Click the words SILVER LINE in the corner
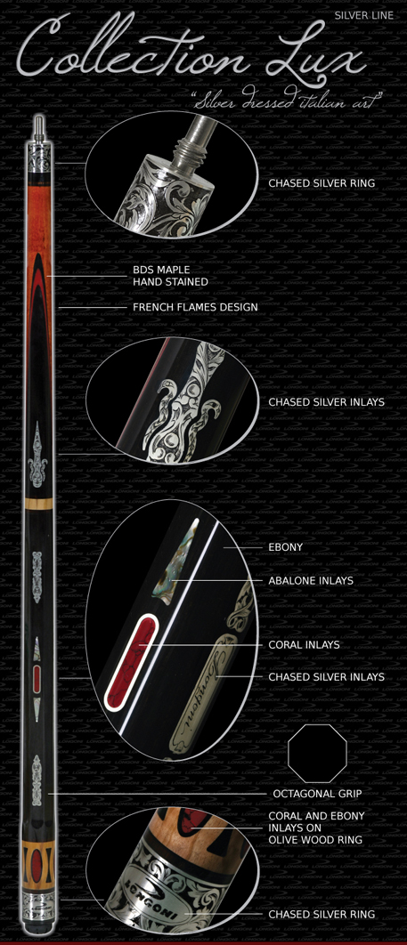363,15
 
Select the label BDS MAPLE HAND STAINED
171,277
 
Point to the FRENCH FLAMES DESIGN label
195,307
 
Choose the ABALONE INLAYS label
311,581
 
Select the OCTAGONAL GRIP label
317,794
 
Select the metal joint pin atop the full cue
38,126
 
